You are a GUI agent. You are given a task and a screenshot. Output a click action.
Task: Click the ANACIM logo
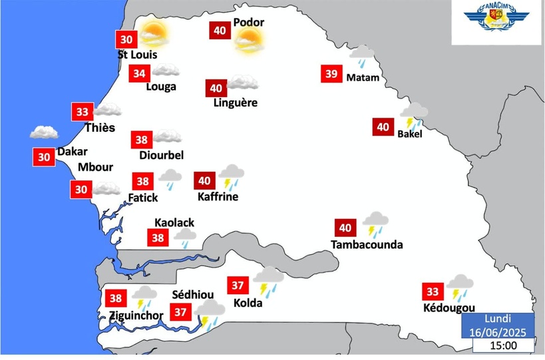coord(498,22)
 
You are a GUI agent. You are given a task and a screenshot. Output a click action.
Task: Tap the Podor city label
coord(248,23)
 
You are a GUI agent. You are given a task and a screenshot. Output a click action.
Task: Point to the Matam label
coord(363,78)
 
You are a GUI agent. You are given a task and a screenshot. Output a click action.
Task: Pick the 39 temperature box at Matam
coord(331,73)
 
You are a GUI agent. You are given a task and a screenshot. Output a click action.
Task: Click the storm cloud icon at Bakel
coord(414,115)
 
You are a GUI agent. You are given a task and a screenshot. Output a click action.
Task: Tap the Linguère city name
coord(236,102)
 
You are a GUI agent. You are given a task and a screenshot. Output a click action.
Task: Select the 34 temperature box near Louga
coord(139,73)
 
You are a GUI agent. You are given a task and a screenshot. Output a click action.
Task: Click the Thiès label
coord(100,128)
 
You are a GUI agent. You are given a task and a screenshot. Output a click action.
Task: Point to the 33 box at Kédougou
coord(433,291)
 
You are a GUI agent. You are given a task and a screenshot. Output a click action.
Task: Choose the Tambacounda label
coord(367,245)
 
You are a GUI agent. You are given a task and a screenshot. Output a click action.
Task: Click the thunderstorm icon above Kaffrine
coord(232,176)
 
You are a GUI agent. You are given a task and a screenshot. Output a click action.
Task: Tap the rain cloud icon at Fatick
coord(170,179)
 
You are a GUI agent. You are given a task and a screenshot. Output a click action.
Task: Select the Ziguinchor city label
coord(136,315)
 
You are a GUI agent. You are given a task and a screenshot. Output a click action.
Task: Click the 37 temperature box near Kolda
coord(237,285)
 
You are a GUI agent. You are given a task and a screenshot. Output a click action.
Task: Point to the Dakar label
coord(72,152)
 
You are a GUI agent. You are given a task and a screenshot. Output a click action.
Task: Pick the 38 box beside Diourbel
coord(141,140)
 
